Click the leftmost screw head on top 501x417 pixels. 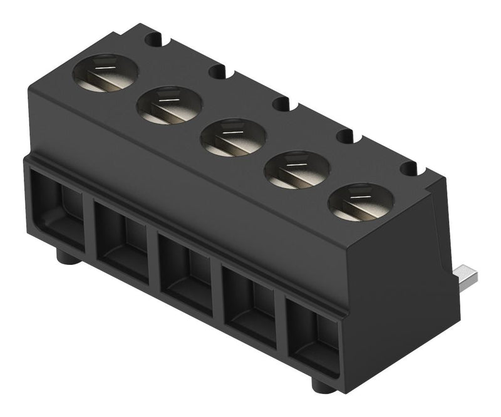pyautogui.click(x=105, y=73)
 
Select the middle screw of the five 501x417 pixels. pyautogui.click(x=233, y=137)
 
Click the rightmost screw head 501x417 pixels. pyautogui.click(x=361, y=202)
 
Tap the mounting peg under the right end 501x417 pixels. pyautogui.click(x=323, y=385)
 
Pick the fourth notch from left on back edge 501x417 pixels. pyautogui.click(x=345, y=135)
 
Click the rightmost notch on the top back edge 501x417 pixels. pyautogui.click(x=408, y=168)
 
